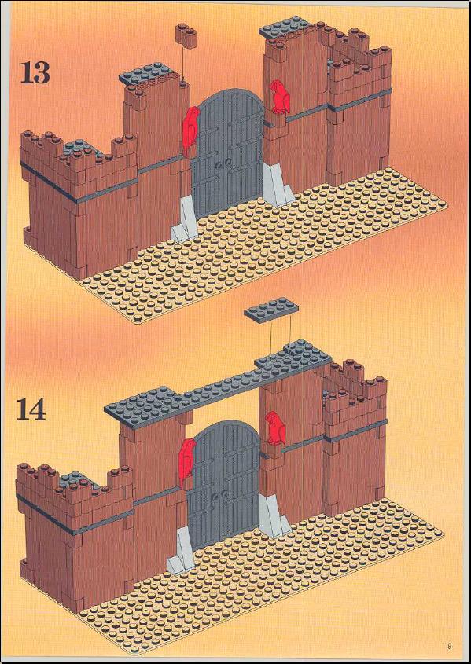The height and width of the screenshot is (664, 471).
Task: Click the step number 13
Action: pos(35,72)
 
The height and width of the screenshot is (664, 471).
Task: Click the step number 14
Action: pos(31,409)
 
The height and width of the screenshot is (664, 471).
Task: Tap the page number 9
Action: pos(450,645)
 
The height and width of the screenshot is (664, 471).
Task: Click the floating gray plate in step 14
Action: pos(271,310)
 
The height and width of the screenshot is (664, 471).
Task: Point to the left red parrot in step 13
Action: pos(190,130)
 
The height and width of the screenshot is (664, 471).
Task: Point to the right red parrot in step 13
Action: pos(279,97)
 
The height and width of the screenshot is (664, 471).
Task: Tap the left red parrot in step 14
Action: pos(186,462)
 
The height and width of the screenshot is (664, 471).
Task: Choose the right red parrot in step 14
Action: pos(276,429)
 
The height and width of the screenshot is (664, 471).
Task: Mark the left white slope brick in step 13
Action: pos(185,220)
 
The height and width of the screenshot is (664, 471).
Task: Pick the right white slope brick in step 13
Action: pos(278,185)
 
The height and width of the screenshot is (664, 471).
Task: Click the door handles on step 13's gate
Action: pos(223,163)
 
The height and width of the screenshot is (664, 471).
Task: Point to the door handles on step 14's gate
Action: pos(219,496)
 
